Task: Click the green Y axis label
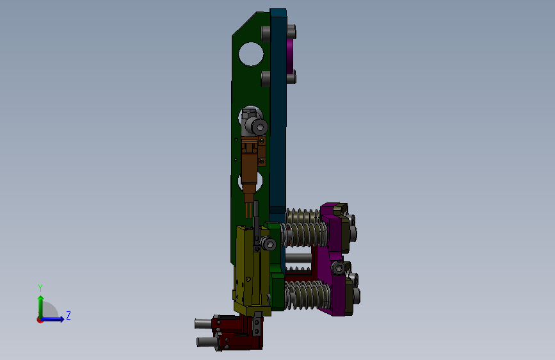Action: coord(40,288)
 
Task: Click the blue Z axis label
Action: coord(68,315)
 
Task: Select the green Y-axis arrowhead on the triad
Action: coord(41,299)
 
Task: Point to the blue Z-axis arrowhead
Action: coord(61,319)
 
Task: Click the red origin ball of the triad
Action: coord(40,320)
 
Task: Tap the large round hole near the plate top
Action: coord(251,54)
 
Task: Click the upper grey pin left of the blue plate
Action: coord(266,34)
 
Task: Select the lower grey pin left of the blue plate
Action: coord(266,79)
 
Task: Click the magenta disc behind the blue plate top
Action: coord(289,54)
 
